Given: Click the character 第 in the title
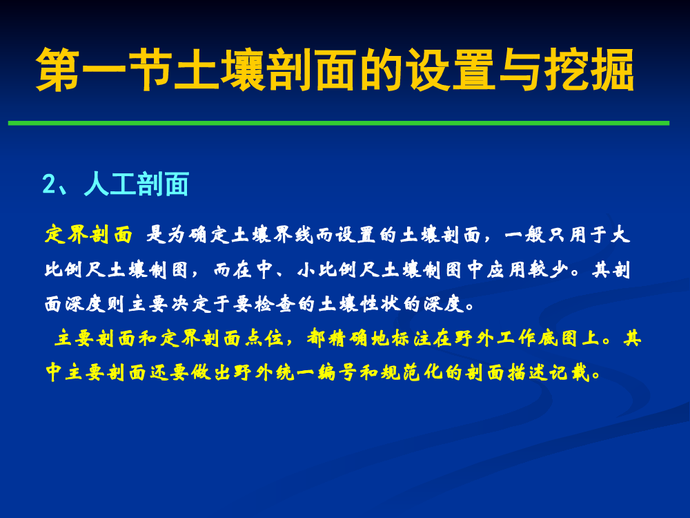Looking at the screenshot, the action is (x=58, y=70).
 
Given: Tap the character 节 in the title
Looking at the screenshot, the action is (x=150, y=70).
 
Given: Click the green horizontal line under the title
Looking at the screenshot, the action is (x=339, y=124).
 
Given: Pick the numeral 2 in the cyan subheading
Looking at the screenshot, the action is (x=48, y=184).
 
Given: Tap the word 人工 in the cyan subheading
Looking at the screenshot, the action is (x=110, y=184).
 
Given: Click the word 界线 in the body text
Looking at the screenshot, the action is (x=293, y=234).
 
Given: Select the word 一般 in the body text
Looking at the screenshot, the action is (x=524, y=234).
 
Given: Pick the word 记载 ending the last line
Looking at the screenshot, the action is (x=569, y=373).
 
